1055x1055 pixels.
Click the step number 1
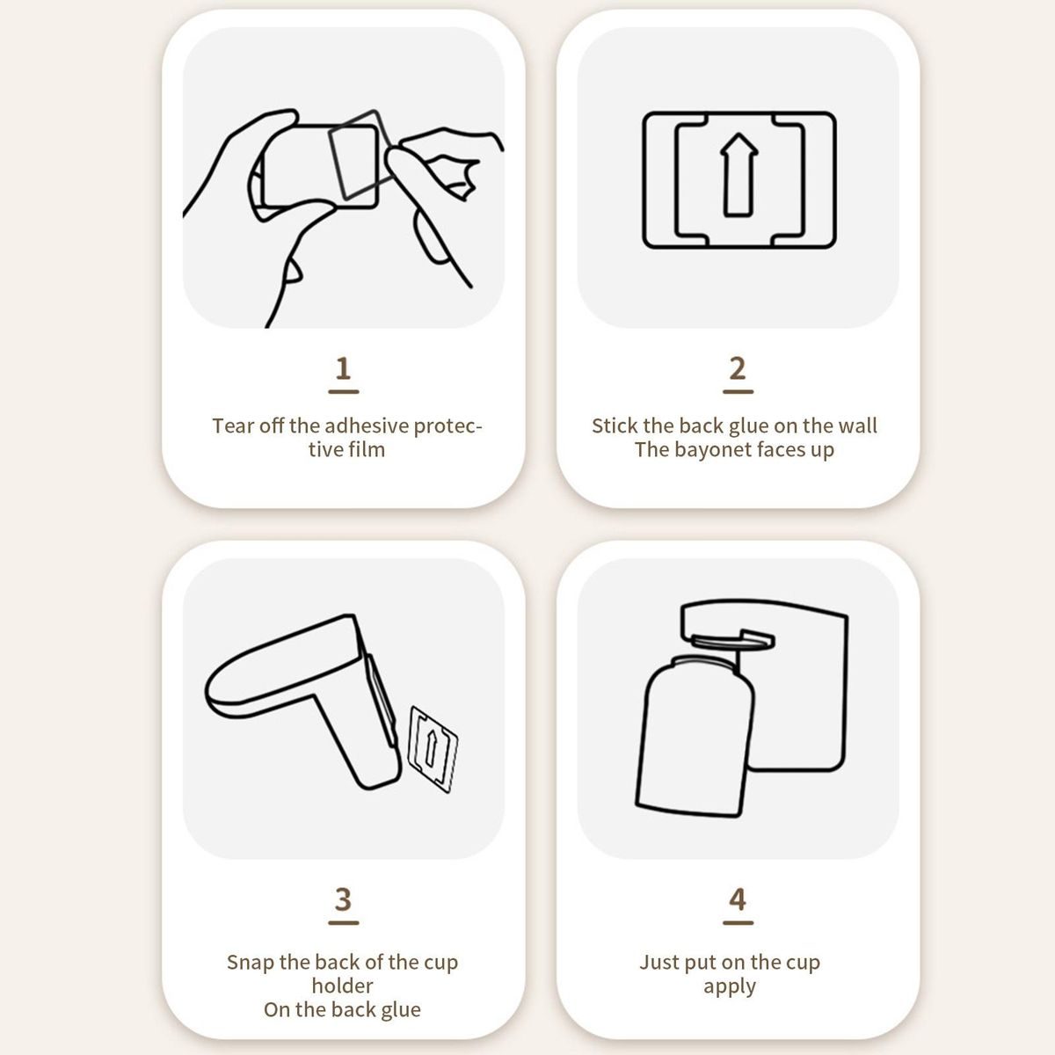[x=343, y=368]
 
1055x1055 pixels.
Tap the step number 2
[x=738, y=368]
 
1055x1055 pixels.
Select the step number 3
[x=343, y=899]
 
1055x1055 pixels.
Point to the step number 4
[x=738, y=899]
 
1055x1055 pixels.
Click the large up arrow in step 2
[x=738, y=175]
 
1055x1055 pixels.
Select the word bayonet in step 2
[x=706, y=450]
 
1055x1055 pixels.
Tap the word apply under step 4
[x=729, y=987]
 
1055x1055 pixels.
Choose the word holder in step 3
[x=342, y=986]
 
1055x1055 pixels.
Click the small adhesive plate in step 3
[x=433, y=749]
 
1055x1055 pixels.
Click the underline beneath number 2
[x=738, y=391]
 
